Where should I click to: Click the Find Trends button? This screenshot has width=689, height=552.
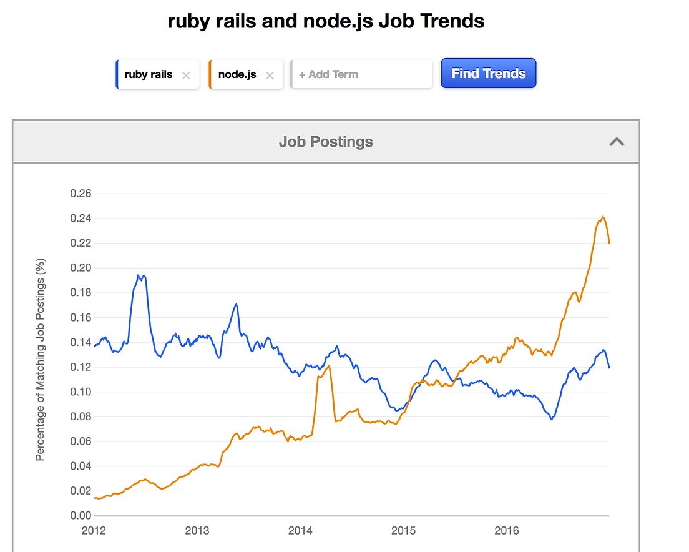488,74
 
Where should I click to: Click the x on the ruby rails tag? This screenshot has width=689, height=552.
185,76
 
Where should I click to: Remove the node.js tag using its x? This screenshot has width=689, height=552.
270,76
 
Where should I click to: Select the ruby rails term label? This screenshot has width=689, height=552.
149,74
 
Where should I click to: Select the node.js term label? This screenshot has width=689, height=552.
237,74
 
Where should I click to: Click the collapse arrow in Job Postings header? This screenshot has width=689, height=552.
617,142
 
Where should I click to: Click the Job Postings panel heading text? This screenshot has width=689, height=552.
326,142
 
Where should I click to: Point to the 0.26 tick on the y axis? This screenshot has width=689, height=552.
81,194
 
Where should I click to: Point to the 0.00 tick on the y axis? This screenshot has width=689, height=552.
81,516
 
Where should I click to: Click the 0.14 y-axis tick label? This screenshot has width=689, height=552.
81,342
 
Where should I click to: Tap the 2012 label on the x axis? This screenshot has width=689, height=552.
94,531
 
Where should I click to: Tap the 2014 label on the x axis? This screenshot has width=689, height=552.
300,531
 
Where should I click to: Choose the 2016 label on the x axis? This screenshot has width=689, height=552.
506,531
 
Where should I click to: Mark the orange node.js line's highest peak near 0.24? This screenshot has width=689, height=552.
603,217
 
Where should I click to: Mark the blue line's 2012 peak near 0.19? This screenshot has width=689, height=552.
141,275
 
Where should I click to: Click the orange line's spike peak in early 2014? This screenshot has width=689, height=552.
328,367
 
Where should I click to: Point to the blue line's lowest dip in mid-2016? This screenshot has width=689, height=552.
551,419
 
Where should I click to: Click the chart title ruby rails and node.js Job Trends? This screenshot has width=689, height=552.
326,21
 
